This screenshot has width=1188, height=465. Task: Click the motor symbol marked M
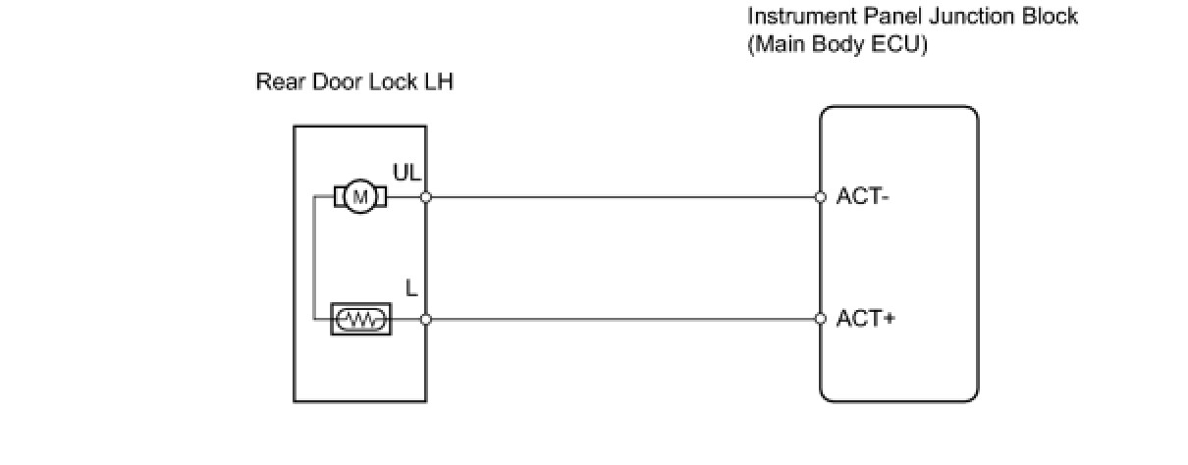(360, 197)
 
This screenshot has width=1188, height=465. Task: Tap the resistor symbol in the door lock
(360, 319)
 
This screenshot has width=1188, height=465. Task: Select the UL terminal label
(406, 173)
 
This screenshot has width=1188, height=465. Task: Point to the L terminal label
(411, 288)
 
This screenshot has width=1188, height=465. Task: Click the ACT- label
(862, 197)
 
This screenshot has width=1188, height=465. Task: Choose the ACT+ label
(866, 319)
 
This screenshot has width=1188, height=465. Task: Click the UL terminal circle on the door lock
(425, 197)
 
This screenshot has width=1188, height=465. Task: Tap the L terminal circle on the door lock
(425, 319)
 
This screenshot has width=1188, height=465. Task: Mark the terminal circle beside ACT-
(821, 197)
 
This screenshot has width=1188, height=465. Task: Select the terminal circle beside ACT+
(821, 319)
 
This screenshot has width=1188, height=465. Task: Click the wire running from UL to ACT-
(623, 197)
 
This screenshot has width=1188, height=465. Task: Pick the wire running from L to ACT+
(623, 319)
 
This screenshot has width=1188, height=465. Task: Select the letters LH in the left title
(439, 81)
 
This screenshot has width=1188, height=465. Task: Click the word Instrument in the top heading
(801, 16)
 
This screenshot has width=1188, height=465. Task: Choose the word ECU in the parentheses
(899, 44)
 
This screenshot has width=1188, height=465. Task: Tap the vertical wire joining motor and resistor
(314, 258)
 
